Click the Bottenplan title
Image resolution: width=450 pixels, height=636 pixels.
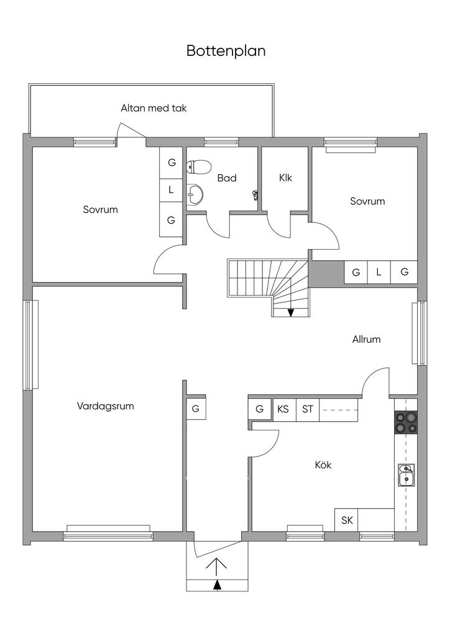pyautogui.click(x=226, y=51)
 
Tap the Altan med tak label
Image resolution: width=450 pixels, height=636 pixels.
pyautogui.click(x=154, y=108)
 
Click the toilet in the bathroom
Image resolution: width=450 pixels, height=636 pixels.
pyautogui.click(x=198, y=166)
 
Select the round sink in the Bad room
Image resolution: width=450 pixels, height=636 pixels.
pyautogui.click(x=195, y=194)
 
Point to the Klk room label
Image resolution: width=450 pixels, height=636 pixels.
pyautogui.click(x=285, y=178)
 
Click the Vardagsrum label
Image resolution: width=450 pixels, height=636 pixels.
pyautogui.click(x=106, y=406)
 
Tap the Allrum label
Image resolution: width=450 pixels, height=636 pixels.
pyautogui.click(x=366, y=339)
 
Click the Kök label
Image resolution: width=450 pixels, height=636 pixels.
pyautogui.click(x=323, y=465)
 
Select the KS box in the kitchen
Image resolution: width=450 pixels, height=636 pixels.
pyautogui.click(x=283, y=409)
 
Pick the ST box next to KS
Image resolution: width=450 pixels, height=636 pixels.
pyautogui.click(x=308, y=409)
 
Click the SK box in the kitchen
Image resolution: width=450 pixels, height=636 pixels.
pyautogui.click(x=347, y=520)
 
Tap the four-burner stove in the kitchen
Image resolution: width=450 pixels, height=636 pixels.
pyautogui.click(x=405, y=422)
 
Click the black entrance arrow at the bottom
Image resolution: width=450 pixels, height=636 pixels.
pyautogui.click(x=217, y=584)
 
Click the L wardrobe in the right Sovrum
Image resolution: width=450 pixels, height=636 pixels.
pyautogui.click(x=378, y=272)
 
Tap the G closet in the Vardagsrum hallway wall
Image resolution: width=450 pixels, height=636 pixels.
pyautogui.click(x=195, y=409)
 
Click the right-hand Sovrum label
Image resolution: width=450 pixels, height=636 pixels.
pyautogui.click(x=367, y=201)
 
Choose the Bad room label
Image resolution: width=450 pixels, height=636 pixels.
pyautogui.click(x=227, y=178)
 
